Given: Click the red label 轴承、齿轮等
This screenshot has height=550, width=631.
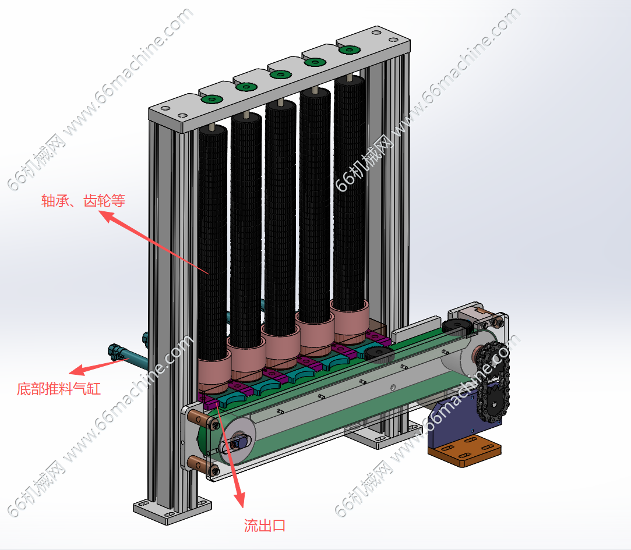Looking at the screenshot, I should pos(83,201).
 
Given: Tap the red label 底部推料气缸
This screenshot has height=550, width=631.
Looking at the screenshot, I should pos(59,388).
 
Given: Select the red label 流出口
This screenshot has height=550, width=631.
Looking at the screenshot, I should pos(265,526).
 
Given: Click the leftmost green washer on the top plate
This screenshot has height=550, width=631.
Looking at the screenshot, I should pos(211,100).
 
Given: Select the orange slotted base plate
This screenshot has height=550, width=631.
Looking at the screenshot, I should pos(464,453).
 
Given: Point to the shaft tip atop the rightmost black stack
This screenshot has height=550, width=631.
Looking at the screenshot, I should pos(348,77).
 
